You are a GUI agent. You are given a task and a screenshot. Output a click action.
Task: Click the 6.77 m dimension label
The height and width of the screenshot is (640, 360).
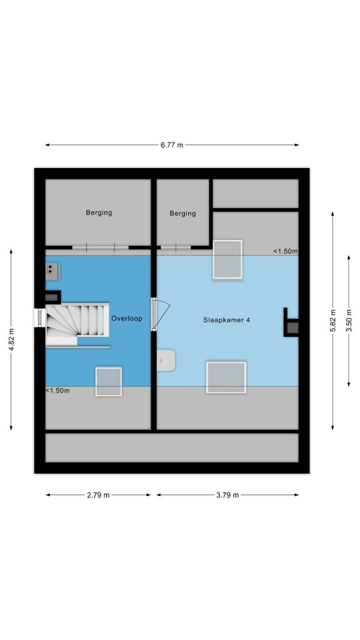point(172,145)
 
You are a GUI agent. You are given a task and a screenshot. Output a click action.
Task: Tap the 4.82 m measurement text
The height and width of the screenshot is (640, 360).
point(11,339)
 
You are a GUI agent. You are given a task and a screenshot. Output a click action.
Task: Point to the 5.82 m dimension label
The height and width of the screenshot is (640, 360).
point(332,320)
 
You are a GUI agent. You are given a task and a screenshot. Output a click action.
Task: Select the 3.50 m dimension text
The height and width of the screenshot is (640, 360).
point(349,321)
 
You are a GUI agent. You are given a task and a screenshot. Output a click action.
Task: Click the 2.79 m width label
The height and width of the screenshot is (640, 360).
point(98,495)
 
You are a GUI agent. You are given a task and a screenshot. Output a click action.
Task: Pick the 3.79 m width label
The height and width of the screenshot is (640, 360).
point(227,495)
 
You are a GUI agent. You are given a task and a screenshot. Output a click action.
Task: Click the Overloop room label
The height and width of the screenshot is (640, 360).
point(127,318)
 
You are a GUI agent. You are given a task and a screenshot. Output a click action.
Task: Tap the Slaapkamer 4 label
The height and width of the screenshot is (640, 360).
point(226,320)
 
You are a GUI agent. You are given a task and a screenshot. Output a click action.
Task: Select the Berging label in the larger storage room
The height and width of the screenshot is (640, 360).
point(99,212)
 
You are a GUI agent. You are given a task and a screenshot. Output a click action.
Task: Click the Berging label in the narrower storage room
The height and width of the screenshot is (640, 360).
point(182,214)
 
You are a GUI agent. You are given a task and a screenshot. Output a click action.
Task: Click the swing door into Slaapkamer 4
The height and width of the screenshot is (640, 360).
point(160,314)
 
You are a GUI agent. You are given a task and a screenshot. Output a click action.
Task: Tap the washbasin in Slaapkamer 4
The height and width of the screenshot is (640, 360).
point(166,360)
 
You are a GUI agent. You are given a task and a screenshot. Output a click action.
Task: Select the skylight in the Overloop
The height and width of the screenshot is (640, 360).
point(109,382)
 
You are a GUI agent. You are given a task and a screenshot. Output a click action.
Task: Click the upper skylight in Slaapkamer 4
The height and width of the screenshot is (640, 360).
point(227,259)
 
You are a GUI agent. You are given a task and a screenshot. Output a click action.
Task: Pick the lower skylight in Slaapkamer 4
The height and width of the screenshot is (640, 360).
point(226,377)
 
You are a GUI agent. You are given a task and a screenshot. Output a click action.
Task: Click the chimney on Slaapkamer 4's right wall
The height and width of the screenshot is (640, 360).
point(291,322)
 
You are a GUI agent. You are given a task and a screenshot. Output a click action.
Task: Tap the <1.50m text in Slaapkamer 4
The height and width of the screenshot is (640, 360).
point(285,251)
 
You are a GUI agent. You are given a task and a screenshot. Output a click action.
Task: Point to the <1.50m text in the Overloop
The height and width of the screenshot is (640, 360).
point(57,391)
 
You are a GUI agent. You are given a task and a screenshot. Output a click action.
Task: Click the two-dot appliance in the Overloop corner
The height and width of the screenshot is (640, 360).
point(52,271)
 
